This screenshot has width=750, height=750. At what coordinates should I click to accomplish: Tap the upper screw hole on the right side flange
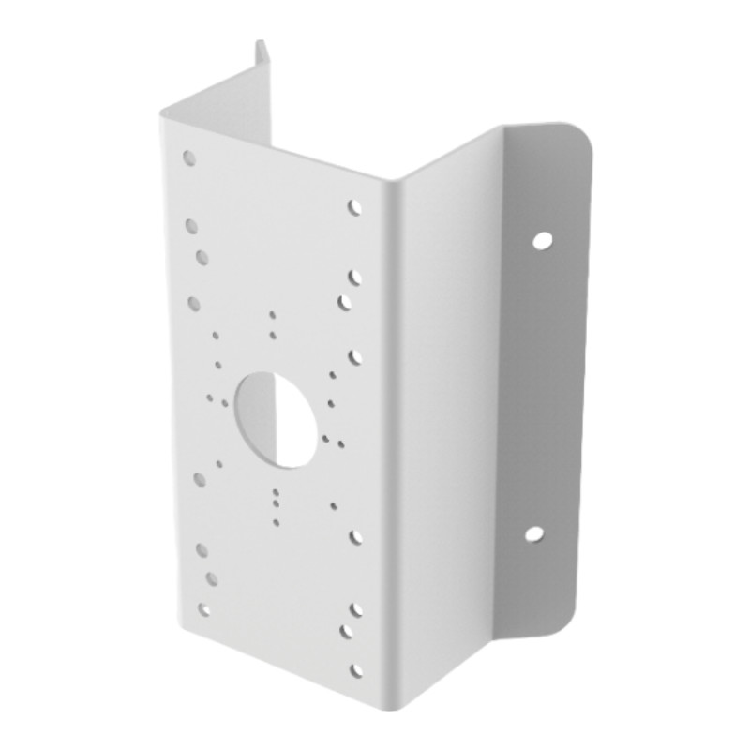click(x=541, y=240)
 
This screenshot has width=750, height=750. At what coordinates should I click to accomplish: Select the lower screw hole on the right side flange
click(x=533, y=534)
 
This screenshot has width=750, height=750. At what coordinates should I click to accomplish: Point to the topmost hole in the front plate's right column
click(x=355, y=206)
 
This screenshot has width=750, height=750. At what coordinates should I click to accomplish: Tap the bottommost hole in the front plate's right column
click(x=355, y=669)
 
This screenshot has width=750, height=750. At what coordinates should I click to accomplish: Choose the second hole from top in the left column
click(x=191, y=226)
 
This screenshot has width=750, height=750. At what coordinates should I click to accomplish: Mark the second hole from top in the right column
click(x=355, y=277)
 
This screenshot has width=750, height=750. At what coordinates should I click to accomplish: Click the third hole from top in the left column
click(x=202, y=256)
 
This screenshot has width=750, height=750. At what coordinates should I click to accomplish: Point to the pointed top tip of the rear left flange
click(x=258, y=41)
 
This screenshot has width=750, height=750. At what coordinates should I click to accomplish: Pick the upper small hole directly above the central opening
click(x=272, y=315)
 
